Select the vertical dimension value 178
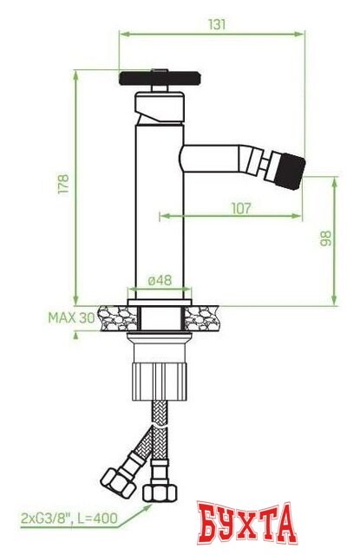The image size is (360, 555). coord(62,184)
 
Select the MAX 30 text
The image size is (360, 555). coord(70,317)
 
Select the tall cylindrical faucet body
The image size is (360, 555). coord(158,208)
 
